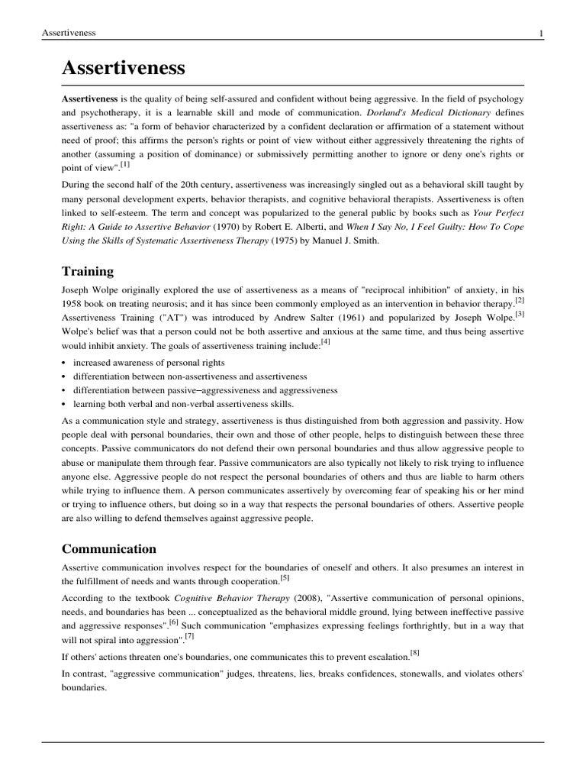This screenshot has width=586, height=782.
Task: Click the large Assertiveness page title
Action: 124,68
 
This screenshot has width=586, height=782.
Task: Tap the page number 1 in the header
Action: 541,32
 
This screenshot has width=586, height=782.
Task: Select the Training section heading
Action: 88,271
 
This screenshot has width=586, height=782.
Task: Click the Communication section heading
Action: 109,548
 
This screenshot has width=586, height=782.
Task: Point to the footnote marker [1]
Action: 124,164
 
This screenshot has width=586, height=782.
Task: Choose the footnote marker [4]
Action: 325,341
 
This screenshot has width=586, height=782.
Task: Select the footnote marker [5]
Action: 285,578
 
